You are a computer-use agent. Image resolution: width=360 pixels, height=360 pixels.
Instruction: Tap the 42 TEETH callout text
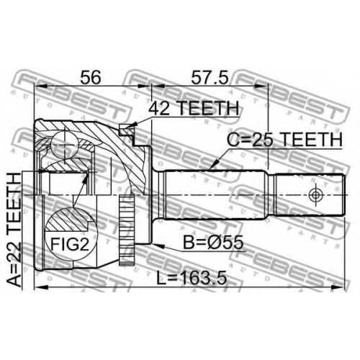[194, 108]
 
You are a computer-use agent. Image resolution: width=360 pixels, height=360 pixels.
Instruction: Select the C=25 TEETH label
[284, 140]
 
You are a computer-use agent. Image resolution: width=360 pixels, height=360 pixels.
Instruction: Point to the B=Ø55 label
[213, 243]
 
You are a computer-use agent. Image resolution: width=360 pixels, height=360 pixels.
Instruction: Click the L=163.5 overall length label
[192, 279]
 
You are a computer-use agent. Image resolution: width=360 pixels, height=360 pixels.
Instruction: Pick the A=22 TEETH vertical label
[14, 230]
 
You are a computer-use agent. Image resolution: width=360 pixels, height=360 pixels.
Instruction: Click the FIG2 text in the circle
[70, 245]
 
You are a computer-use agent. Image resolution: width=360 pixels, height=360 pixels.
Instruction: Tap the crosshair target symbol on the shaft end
[315, 194]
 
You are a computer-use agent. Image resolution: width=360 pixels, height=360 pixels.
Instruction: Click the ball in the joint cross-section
[65, 145]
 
